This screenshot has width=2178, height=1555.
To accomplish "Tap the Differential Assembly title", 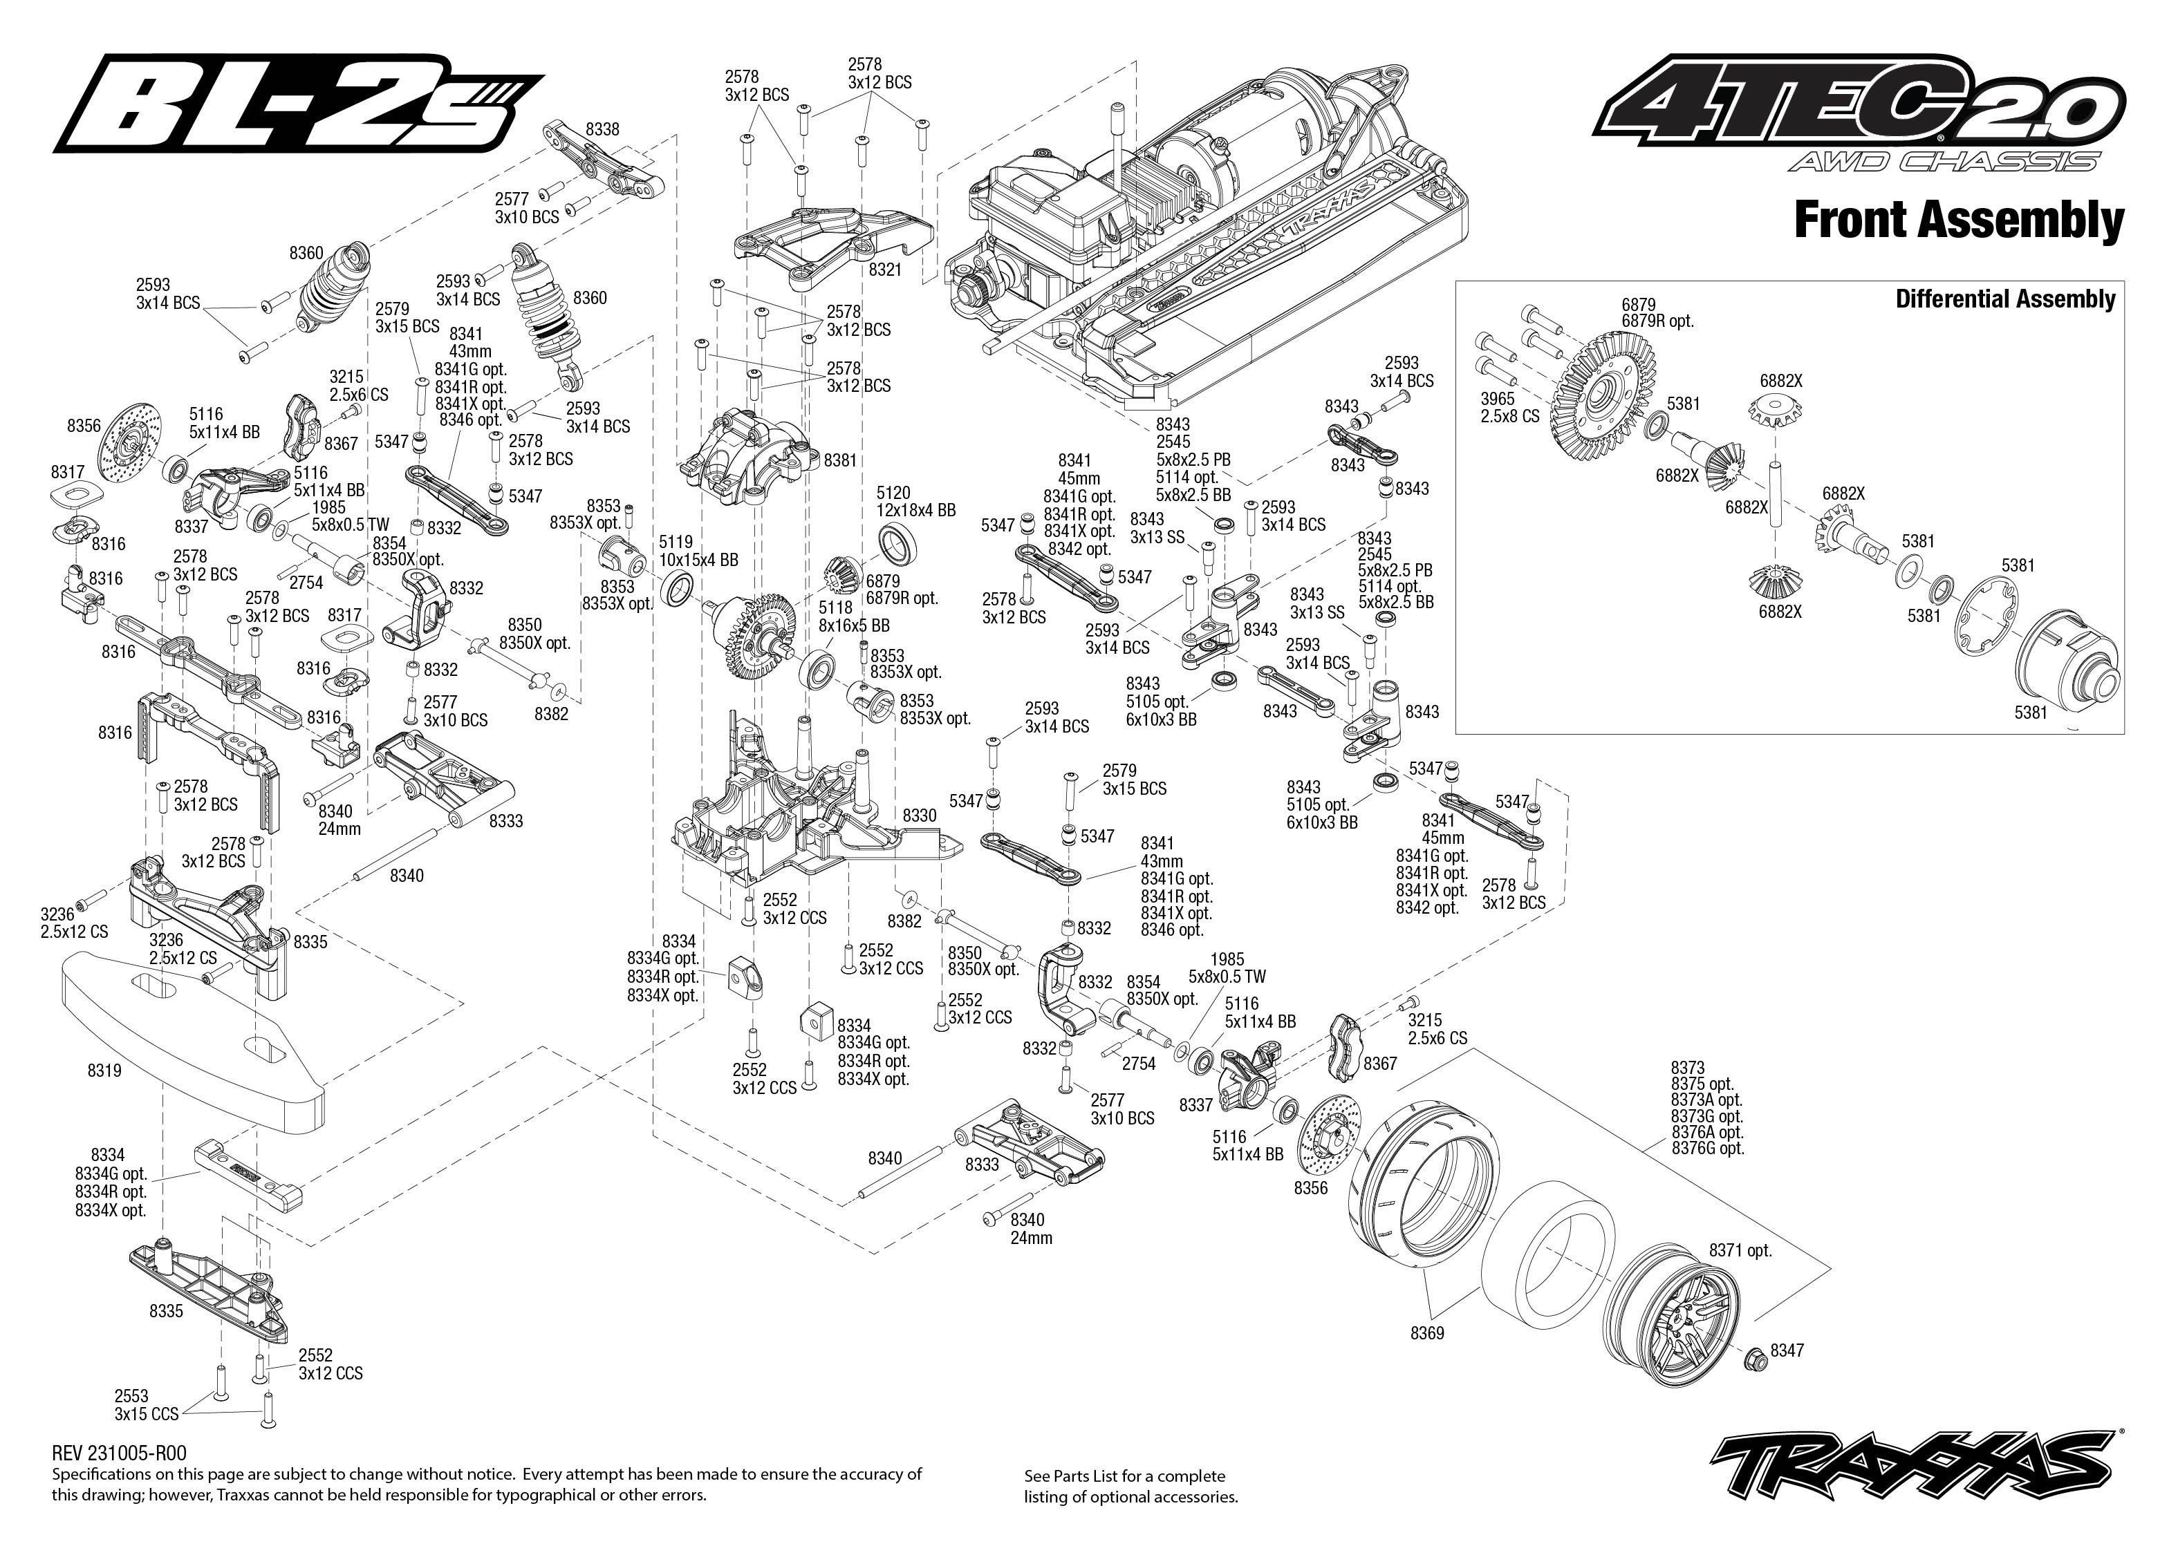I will point(2004,299).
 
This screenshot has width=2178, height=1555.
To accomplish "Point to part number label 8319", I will point(104,1071).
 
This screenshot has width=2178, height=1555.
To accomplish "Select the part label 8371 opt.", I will point(1740,1250).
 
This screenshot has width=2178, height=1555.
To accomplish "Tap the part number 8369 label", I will point(1427,1333).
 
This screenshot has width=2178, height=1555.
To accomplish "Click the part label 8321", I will point(885,270).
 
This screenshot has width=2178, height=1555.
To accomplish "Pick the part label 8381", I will point(840,460).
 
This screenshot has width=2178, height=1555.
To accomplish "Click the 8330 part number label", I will point(920,815).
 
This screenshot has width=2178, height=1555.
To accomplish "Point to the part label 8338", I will point(602,129).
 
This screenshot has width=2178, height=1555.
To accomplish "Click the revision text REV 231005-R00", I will point(120,1453).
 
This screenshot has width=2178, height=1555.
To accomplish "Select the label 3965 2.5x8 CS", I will point(1509,407).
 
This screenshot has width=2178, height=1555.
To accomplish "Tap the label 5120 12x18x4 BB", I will point(915,502).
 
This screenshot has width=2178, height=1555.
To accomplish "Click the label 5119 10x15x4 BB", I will point(698,551).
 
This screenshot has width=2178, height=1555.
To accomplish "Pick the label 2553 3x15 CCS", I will point(147,1404).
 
